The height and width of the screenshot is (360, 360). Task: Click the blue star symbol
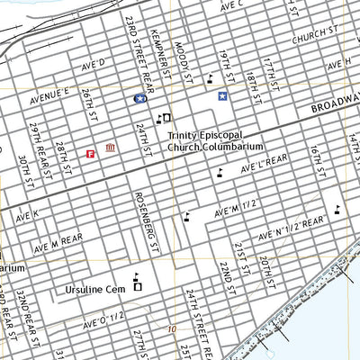point(221,94)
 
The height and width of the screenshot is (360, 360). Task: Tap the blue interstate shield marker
point(140,97)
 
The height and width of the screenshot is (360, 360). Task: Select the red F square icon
point(90,154)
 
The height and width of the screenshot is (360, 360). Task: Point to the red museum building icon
point(110,148)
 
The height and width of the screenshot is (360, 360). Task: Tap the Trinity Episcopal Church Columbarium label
point(215,140)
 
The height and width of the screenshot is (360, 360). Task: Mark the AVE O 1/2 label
point(106,320)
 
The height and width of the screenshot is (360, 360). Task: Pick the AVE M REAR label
point(59,242)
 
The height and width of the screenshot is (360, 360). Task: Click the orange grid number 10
point(171,329)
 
